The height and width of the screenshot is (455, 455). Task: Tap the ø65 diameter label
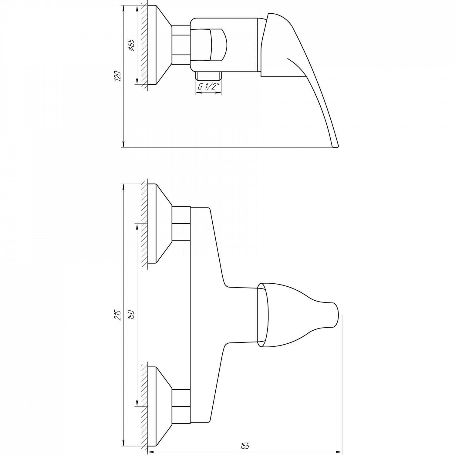131,45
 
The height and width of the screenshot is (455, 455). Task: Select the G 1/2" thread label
209,86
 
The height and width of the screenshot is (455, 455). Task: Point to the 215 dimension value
119,315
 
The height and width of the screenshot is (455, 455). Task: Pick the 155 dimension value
245,446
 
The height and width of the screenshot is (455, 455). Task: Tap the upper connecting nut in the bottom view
181,224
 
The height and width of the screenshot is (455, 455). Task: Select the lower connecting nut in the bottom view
181,406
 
